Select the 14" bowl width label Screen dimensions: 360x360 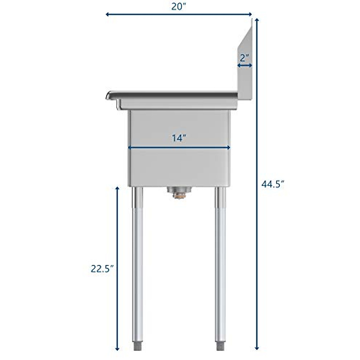coord(179,138)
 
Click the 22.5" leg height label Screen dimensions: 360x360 coord(102,269)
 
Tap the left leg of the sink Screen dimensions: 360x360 coord(136,255)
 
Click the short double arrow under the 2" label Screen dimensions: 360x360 coord(244,65)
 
